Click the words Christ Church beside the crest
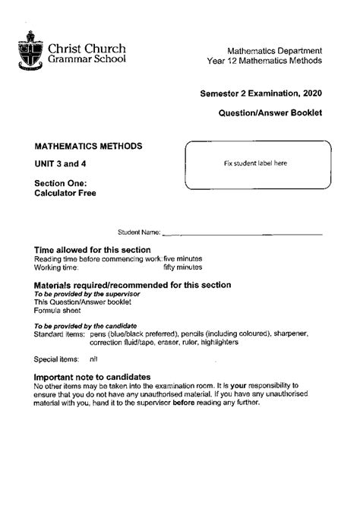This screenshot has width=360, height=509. tap(87, 48)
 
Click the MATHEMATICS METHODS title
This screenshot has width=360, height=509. tap(87, 145)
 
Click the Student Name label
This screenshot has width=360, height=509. tap(138, 232)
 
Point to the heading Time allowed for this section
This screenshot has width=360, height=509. tap(93, 250)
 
